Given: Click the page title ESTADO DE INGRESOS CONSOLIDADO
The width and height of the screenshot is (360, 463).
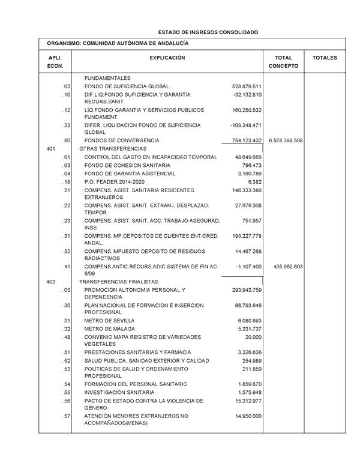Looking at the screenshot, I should coord(208,32).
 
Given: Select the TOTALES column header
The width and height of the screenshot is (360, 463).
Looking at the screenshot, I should coord(325,58).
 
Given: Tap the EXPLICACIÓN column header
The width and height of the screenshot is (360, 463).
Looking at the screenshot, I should coord(167,58).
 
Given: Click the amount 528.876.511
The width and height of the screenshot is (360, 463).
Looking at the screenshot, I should coord(247,86).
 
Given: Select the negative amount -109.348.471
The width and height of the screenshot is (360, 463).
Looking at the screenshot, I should coord(246,126).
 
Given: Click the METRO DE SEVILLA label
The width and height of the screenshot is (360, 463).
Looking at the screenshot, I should coord(110,321).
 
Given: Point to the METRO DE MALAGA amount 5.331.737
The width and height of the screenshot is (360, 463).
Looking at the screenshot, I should coord(250,329).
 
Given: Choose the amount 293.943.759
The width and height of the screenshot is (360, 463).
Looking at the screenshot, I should coord(247,289).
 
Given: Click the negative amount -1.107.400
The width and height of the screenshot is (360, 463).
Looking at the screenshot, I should coord(247,266).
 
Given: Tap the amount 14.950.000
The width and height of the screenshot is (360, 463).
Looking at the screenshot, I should coord(248,416).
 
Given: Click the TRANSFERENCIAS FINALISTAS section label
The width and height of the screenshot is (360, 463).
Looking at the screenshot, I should coord(119,281).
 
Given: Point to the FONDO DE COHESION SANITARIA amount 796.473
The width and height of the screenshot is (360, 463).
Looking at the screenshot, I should coord(252,165).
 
